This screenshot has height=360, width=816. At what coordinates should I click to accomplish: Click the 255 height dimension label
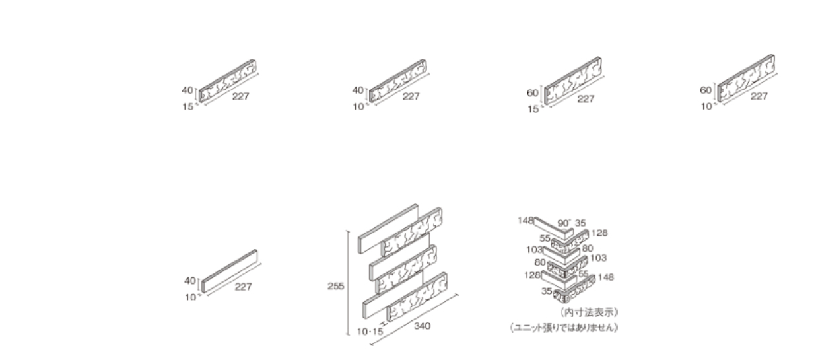click(x=335, y=287)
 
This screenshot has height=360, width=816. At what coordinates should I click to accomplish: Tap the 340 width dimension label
click(x=422, y=326)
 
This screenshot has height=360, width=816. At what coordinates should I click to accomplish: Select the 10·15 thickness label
click(x=370, y=332)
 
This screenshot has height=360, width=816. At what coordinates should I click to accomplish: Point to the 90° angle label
click(x=564, y=223)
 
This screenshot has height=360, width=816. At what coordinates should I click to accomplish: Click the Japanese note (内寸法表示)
click(x=589, y=312)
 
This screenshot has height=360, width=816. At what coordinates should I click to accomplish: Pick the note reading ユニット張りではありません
click(x=564, y=328)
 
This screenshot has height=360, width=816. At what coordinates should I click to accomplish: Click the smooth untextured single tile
click(x=230, y=271)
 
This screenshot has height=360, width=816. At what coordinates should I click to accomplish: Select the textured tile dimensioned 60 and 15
click(x=572, y=81)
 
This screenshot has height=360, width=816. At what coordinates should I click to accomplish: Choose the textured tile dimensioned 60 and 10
click(x=747, y=79)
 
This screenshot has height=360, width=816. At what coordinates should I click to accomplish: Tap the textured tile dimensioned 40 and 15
click(x=227, y=81)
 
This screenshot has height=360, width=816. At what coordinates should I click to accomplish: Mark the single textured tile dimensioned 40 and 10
click(x=398, y=81)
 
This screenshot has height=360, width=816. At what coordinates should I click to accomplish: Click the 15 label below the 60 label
click(x=533, y=109)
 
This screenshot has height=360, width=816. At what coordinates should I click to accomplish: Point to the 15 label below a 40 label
click(x=188, y=107)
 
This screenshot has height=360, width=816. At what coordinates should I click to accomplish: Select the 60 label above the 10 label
click(x=706, y=90)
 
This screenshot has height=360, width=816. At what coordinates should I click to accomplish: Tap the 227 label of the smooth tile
click(x=243, y=287)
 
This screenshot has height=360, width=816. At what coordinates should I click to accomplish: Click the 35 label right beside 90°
click(x=580, y=223)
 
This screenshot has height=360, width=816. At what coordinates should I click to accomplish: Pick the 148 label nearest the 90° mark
click(x=526, y=220)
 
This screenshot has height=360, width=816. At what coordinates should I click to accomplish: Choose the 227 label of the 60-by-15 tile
click(x=586, y=98)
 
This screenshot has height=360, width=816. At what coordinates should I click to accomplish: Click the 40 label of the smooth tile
click(x=189, y=281)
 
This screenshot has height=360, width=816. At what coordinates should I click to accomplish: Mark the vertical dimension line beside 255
click(x=349, y=283)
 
